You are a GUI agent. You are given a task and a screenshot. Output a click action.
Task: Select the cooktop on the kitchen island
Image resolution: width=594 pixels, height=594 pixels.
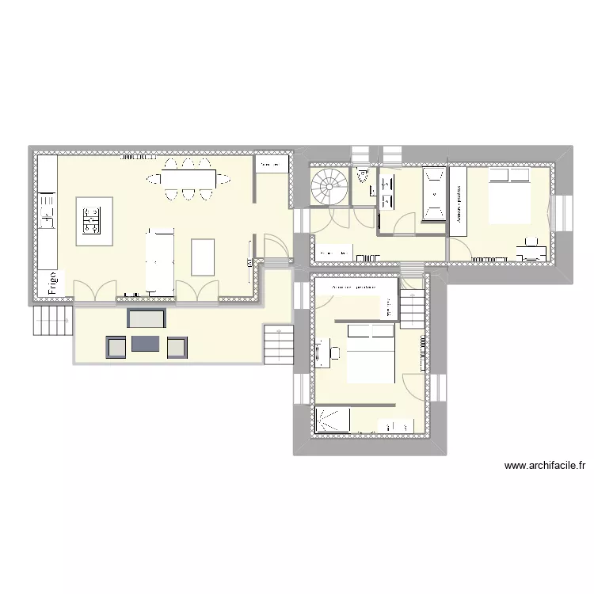(92, 220)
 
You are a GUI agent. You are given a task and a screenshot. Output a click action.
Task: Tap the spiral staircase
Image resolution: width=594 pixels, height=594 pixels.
(328, 187)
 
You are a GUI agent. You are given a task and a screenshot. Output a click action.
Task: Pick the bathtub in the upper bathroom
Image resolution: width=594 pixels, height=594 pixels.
(433, 192)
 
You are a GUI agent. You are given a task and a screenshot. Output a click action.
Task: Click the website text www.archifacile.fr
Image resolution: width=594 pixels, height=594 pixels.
(544, 466)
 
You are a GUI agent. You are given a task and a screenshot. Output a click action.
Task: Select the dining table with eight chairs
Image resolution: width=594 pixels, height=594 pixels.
(188, 178)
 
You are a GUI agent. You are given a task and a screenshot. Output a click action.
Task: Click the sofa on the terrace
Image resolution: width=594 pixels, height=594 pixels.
(147, 319)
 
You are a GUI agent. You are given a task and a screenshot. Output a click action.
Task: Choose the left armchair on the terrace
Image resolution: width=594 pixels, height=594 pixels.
(116, 346)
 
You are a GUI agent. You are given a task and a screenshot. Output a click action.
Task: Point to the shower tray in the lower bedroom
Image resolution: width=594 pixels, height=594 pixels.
(333, 420)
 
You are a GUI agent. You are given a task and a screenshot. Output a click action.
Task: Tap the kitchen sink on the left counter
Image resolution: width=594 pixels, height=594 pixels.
(47, 213)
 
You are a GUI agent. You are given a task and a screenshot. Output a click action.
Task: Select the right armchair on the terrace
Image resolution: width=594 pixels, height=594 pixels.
(177, 346)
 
